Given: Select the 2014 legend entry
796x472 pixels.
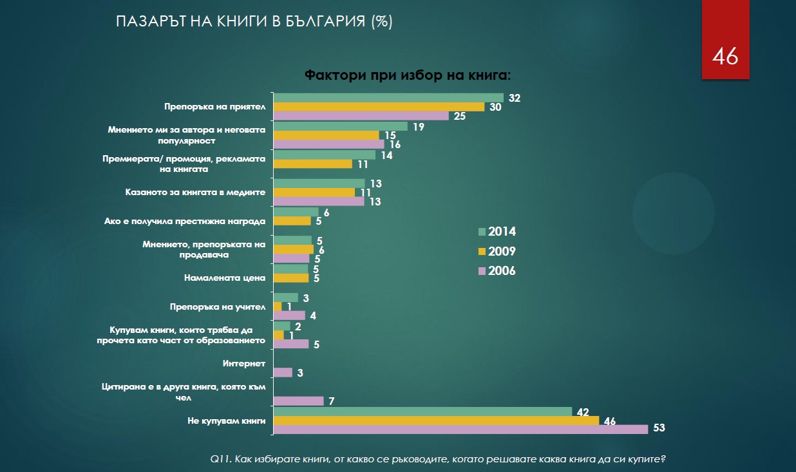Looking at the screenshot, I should tap(497, 232).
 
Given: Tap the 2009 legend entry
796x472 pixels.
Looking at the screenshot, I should tap(497, 251).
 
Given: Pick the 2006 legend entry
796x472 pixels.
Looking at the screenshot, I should tap(497, 271).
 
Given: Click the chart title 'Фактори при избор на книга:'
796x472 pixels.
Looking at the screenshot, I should tap(407, 75).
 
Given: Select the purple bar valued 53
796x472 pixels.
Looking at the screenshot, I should tap(460, 430).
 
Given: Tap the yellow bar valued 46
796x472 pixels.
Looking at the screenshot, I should tap(436, 420).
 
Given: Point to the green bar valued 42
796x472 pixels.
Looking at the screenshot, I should tap(422, 411).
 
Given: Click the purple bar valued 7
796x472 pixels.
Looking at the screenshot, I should tap(298, 401).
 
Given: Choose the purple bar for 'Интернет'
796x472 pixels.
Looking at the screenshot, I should tap(283, 372).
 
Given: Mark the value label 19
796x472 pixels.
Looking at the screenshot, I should tap(418, 127).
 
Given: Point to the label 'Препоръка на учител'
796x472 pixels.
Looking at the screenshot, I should tap(218, 307).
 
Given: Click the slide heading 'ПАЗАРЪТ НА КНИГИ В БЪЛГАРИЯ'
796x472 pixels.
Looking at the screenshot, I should tap(254, 21).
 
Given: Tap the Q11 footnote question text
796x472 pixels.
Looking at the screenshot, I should tap(438, 459).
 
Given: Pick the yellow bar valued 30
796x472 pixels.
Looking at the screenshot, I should tap(379, 107).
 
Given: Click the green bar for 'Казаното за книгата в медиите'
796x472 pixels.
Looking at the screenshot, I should tap(319, 184).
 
